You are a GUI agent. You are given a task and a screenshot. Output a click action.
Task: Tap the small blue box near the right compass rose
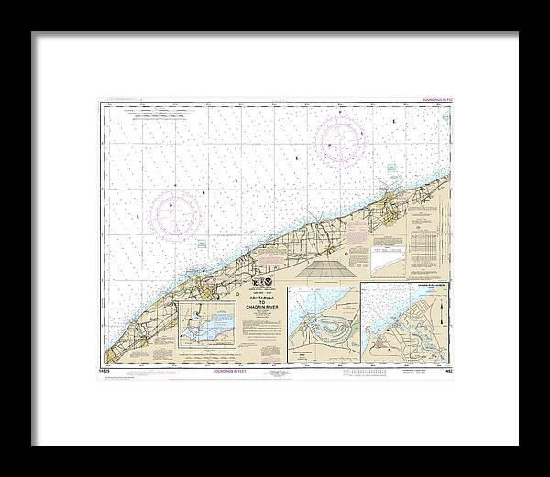(x=389, y=168)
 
